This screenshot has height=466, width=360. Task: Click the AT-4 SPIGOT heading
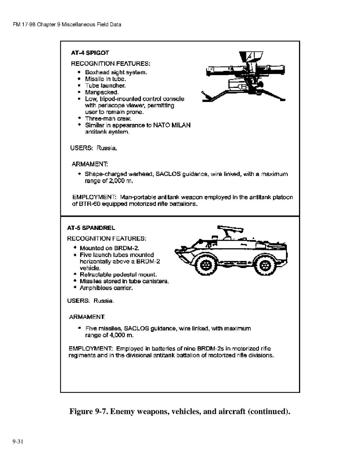pos(90,53)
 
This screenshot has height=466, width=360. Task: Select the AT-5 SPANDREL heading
pos(91,228)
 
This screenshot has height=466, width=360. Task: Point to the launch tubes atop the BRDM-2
pos(231,229)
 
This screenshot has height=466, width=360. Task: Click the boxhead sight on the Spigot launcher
pos(251,56)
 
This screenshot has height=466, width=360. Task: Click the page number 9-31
pos(18,441)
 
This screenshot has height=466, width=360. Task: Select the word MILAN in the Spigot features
pos(180,125)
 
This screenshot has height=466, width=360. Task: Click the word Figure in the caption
pos(81,412)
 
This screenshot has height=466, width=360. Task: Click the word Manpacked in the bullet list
pos(102,92)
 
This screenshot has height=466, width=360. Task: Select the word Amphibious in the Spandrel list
pos(95,288)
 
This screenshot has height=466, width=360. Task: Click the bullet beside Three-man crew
pos(79,118)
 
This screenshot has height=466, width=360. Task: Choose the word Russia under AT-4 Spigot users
pos(107,148)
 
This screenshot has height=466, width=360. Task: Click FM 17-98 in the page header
pos(24,25)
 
